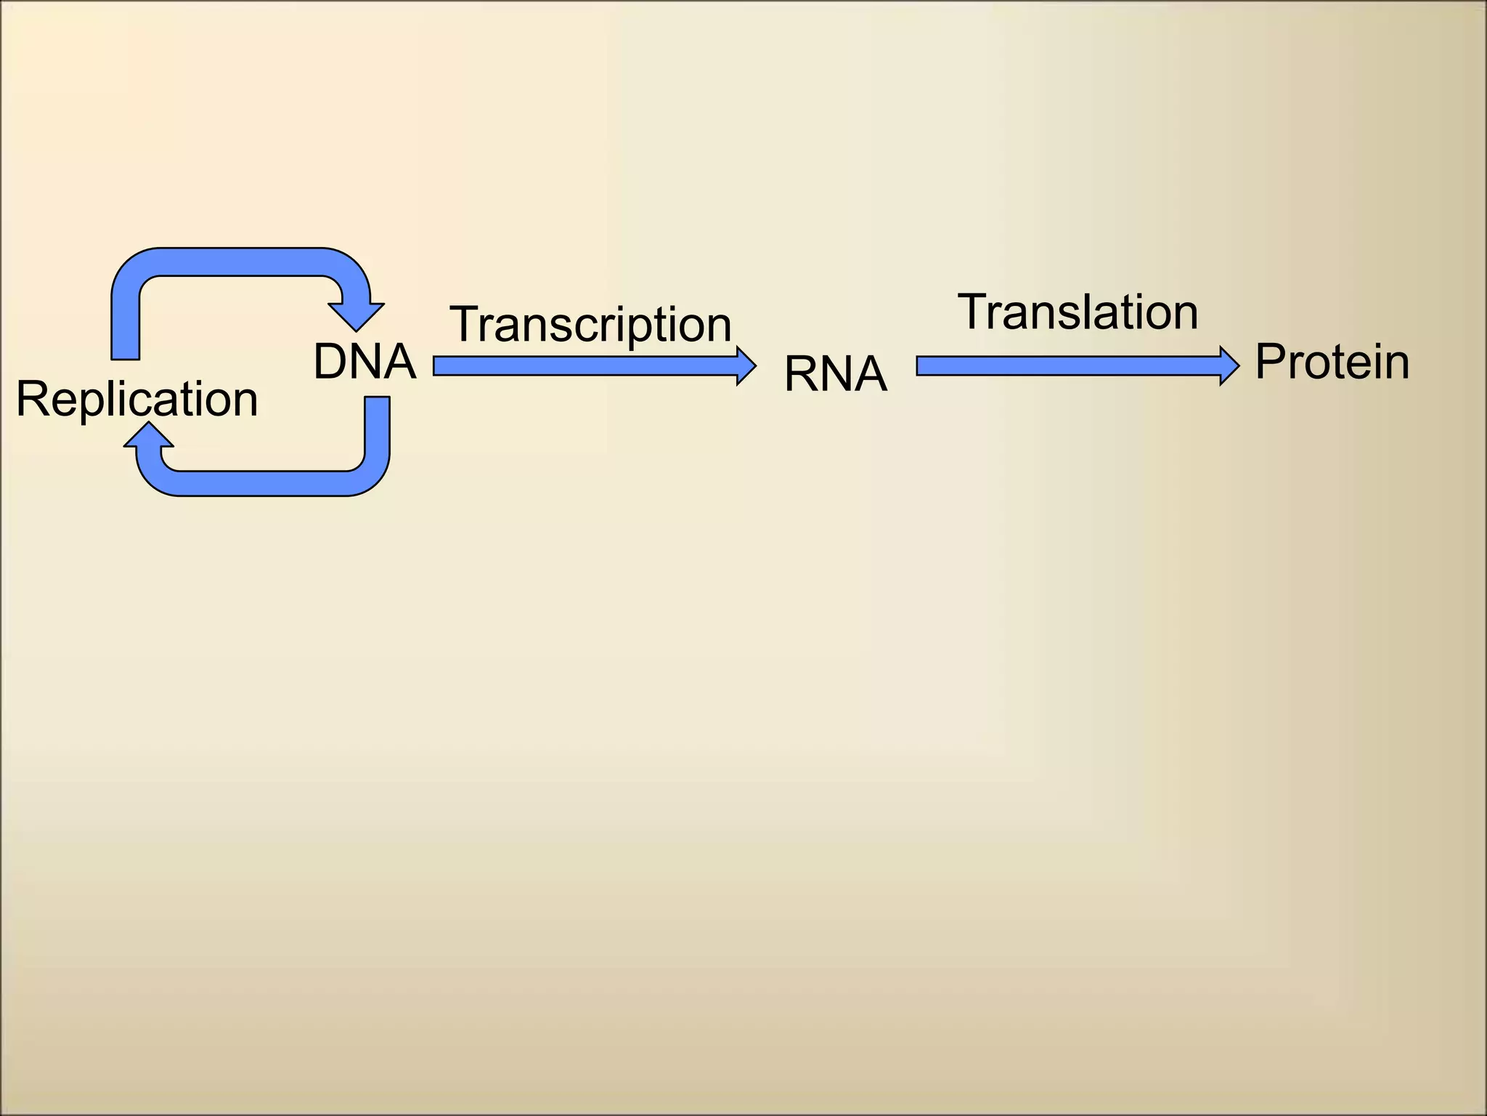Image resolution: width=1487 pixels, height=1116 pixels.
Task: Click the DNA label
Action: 364,362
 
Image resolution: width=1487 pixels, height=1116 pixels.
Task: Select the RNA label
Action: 835,375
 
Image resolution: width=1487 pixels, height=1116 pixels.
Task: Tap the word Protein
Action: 1332,362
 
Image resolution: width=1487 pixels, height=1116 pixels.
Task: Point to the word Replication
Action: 137,399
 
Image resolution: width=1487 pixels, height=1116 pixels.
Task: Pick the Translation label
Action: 1077,312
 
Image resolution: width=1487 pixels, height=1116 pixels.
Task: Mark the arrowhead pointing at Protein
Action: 1229,365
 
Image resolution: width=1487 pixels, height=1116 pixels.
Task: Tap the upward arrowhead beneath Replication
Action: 149,436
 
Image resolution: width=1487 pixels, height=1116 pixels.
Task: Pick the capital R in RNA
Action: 799,375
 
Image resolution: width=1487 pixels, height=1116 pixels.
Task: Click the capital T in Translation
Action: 974,312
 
